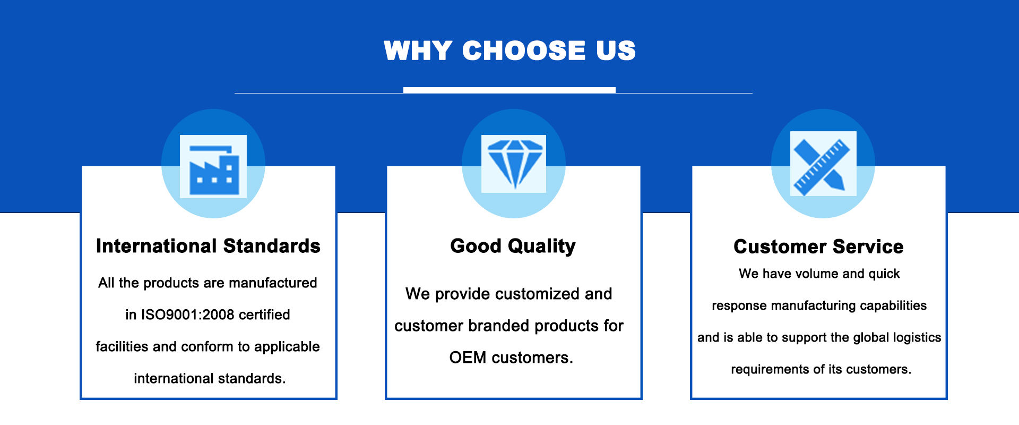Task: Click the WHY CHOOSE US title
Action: [x=509, y=51]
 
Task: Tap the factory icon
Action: [x=213, y=166]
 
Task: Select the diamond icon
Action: [x=514, y=164]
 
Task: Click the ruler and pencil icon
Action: [x=823, y=164]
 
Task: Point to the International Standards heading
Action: [x=208, y=246]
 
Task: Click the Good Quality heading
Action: [x=513, y=246]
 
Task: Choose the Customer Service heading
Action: [x=818, y=246]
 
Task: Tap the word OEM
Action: [x=468, y=358]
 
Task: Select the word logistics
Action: [x=917, y=338]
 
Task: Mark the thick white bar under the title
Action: [x=509, y=90]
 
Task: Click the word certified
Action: [x=264, y=314]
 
